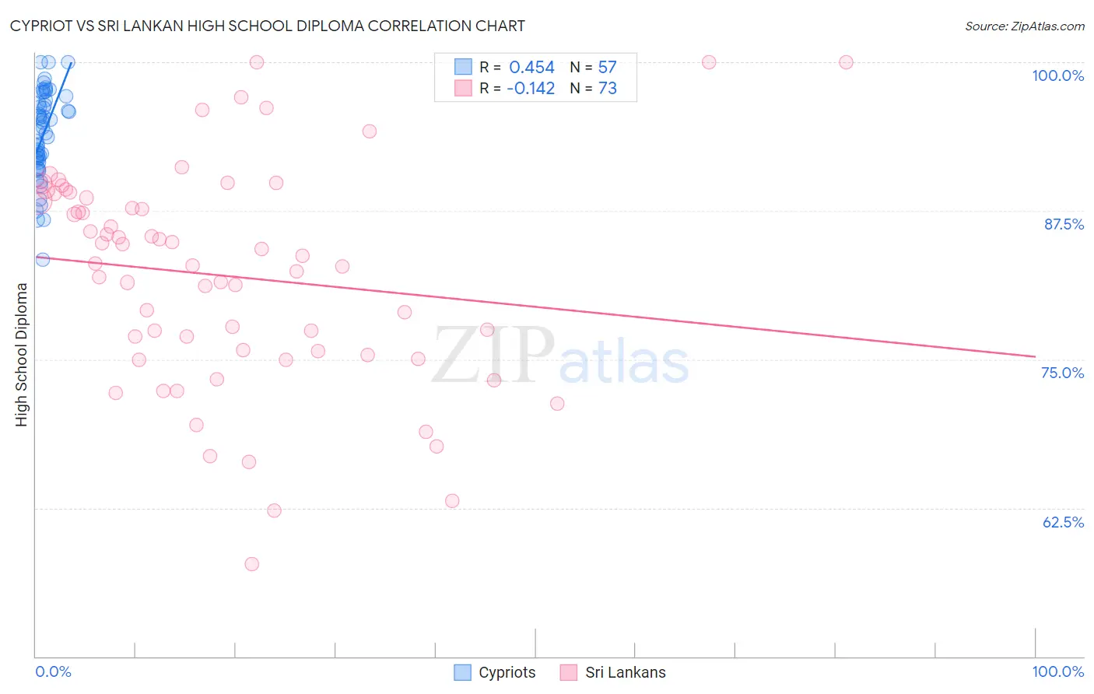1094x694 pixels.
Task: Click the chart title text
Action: click(x=267, y=26)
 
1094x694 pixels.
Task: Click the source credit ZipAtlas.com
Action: click(x=1024, y=26)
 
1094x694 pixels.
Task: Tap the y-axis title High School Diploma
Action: click(x=21, y=354)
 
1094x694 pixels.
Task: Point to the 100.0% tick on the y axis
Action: click(x=1057, y=75)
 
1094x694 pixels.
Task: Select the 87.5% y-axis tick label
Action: click(x=1063, y=224)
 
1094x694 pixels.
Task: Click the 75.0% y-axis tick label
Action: click(x=1062, y=373)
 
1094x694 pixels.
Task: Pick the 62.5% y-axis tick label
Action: click(x=1063, y=522)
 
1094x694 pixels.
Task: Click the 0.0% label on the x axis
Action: click(x=53, y=671)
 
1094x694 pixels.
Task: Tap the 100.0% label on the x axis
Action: click(x=1057, y=671)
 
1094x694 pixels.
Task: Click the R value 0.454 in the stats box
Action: click(x=531, y=68)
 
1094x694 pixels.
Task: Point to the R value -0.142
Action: click(x=530, y=89)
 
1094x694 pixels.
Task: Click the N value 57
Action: click(x=607, y=68)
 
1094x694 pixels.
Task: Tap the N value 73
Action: click(x=607, y=89)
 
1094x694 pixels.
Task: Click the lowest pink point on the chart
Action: click(x=251, y=564)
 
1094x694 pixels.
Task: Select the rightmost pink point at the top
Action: click(x=846, y=62)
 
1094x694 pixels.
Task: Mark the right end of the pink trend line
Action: click(x=1035, y=356)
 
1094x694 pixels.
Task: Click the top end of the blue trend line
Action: click(x=72, y=62)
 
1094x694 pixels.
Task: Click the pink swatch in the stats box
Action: click(x=463, y=88)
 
